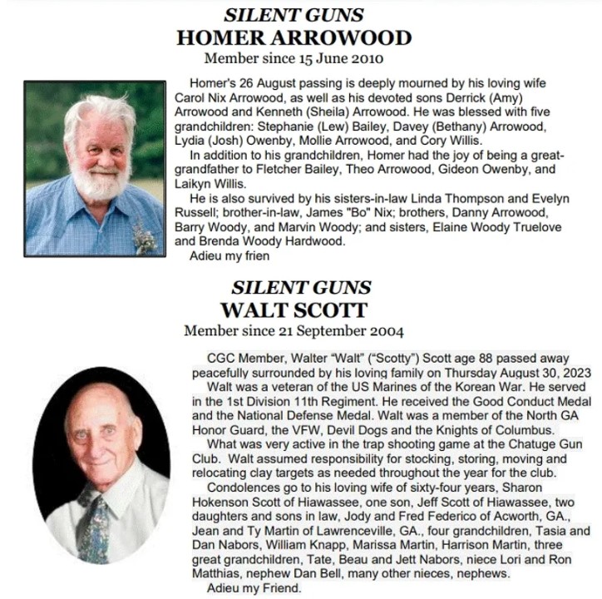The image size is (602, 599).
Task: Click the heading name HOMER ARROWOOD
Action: click(294, 37)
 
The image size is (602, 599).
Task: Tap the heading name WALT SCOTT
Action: click(294, 309)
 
